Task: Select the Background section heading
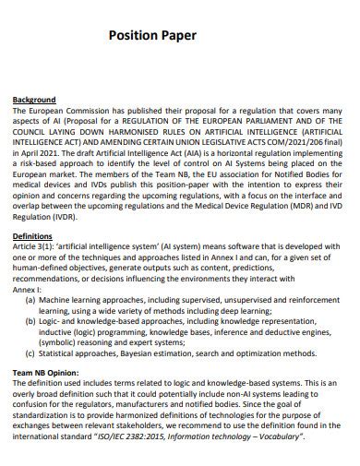(33, 99)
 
